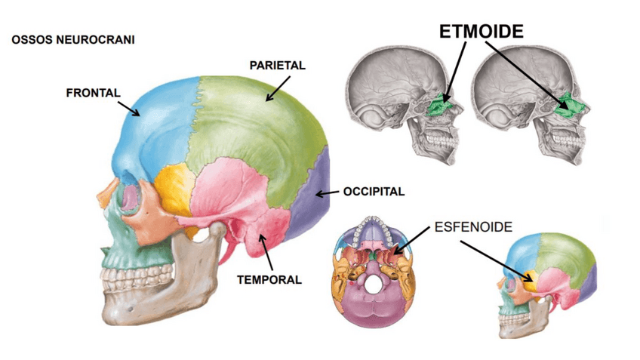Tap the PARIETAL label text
click(277, 66)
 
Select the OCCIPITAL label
click(374, 192)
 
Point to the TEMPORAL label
click(269, 279)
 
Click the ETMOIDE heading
click(481, 31)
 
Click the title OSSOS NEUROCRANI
click(73, 38)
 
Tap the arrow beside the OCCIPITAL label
click(327, 193)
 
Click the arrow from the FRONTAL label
click(131, 106)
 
